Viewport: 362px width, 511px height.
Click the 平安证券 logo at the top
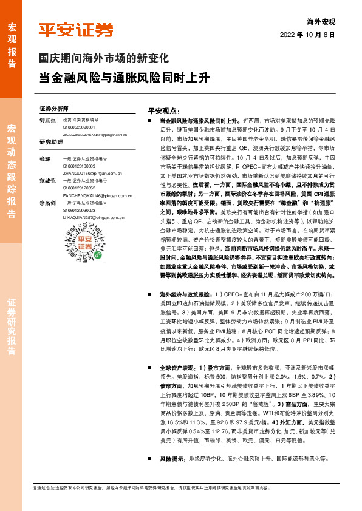tap(76, 30)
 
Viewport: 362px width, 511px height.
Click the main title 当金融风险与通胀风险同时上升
tap(124, 79)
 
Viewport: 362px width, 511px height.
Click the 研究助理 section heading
tap(52, 142)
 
